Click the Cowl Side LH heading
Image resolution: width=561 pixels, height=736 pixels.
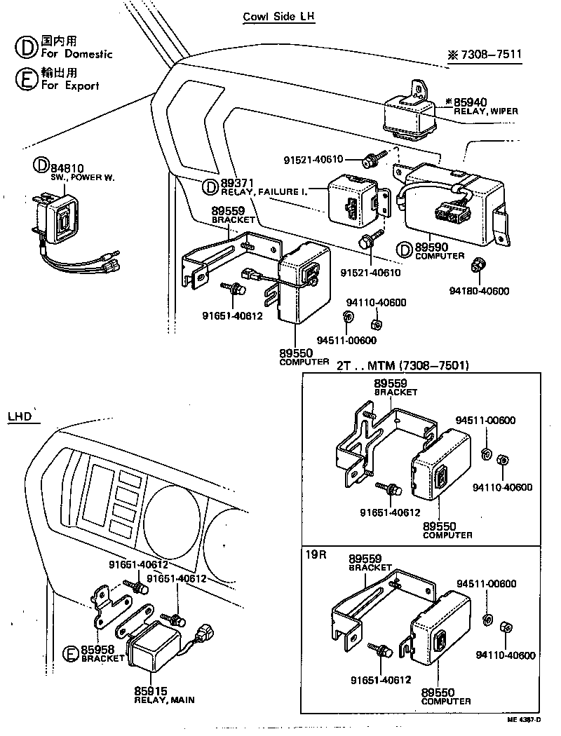pos(278,17)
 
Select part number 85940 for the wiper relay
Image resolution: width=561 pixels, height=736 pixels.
pos(466,102)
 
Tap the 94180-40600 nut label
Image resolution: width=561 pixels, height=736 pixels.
pos(480,291)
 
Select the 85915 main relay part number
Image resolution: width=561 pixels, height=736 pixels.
pos(151,690)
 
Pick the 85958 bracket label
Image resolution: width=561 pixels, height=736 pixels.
pos(98,649)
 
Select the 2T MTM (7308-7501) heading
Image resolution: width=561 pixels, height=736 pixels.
pos(403,365)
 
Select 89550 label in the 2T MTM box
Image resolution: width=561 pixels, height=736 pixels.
pos(440,526)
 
